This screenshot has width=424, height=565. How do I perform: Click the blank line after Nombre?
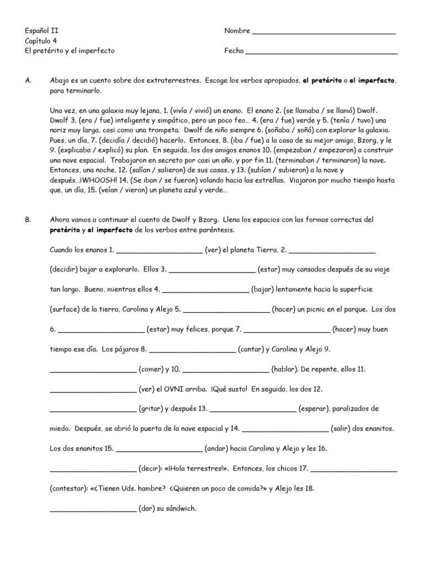[x=324, y=33]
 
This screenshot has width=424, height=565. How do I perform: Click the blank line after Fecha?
[x=321, y=52]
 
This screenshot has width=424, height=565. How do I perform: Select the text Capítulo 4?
[x=40, y=41]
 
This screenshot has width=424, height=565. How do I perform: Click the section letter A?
[x=28, y=81]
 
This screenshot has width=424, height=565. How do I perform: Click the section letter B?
[x=28, y=220]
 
